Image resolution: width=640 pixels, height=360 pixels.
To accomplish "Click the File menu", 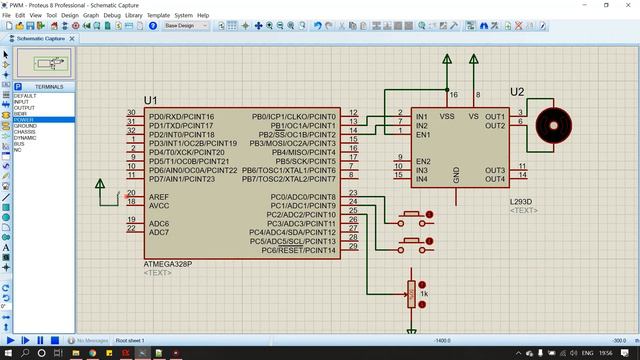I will click(x=7, y=16).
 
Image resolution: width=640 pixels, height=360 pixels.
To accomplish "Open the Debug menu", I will click(x=112, y=16).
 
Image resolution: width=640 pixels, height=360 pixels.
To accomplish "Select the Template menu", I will click(x=158, y=16).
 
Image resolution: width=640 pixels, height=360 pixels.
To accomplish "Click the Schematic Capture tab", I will click(x=40, y=39).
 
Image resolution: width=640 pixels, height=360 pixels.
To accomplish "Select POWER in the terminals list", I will click(x=22, y=119).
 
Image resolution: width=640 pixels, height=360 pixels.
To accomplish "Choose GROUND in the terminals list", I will click(x=24, y=125).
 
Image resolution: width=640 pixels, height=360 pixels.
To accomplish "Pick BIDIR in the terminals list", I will click(x=21, y=113).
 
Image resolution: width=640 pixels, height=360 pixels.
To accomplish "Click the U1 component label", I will click(x=150, y=100).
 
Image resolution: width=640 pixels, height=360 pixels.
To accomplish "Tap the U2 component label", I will click(x=516, y=92).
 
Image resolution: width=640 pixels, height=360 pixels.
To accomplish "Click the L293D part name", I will click(x=521, y=202).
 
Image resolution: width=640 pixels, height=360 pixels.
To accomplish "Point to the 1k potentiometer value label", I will click(x=424, y=294).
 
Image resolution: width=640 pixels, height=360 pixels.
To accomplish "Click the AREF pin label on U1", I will click(x=159, y=197).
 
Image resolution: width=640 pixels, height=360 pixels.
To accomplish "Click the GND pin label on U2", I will click(x=457, y=176).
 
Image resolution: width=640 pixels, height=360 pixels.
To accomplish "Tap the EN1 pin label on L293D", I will click(x=422, y=133).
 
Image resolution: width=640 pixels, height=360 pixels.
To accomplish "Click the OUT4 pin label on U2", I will click(x=495, y=179).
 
